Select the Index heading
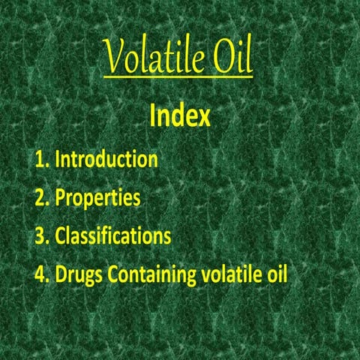coord(179,117)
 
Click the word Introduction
coord(106,159)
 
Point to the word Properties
coord(97,198)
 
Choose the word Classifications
coord(113,236)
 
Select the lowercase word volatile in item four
coord(231,274)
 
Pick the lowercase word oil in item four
coord(275,274)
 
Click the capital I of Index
coord(152,117)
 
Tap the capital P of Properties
coord(61,198)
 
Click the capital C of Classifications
coord(61,236)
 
